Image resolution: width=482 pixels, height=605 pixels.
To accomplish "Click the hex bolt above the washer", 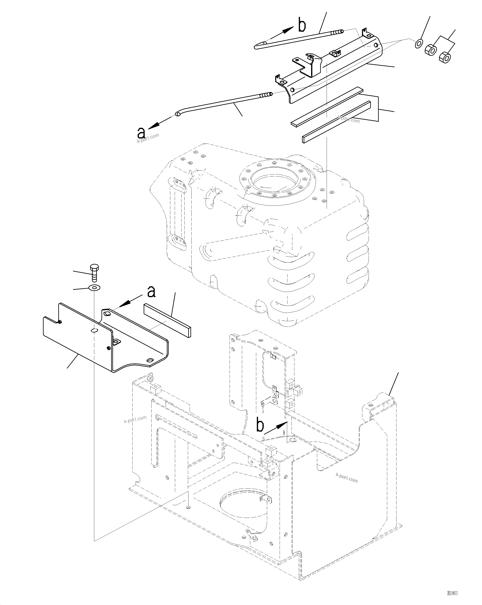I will point(94,272).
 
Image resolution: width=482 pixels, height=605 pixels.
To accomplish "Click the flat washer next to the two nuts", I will point(419,43).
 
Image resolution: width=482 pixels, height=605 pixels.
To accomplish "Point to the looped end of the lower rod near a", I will point(178,114).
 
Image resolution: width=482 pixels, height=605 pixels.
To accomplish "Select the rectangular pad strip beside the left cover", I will point(167,320).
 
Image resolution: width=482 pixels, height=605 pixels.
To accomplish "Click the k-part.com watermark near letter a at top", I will point(148,138).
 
